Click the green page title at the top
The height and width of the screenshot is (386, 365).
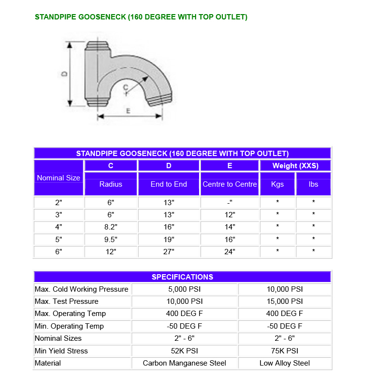tap(141, 17)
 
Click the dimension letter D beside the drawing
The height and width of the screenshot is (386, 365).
tap(64, 74)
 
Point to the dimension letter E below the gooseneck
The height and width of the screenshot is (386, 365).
tap(128, 111)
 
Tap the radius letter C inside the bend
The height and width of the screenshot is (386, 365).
tap(126, 87)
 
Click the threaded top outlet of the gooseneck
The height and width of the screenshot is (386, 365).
tap(97, 47)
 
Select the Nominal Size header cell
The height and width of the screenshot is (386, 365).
tap(58, 178)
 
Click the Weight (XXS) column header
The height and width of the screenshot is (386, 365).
tap(295, 166)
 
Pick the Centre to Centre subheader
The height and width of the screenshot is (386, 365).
tap(230, 184)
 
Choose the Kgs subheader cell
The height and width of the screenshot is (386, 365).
tap(277, 184)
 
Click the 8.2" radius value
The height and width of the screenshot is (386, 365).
tap(111, 227)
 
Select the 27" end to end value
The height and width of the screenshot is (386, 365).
tap(168, 252)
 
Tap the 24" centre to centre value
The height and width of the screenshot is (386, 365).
tap(230, 252)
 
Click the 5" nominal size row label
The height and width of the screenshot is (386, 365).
tap(58, 239)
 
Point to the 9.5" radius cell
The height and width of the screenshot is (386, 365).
tap(111, 239)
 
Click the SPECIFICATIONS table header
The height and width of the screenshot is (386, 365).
tap(182, 277)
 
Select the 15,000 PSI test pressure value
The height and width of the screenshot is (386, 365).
tap(285, 301)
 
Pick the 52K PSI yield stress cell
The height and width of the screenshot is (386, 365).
tap(184, 351)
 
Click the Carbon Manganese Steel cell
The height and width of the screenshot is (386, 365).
tap(184, 363)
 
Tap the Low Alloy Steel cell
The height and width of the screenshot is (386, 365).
tap(285, 363)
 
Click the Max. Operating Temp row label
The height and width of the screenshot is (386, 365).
tap(70, 314)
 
